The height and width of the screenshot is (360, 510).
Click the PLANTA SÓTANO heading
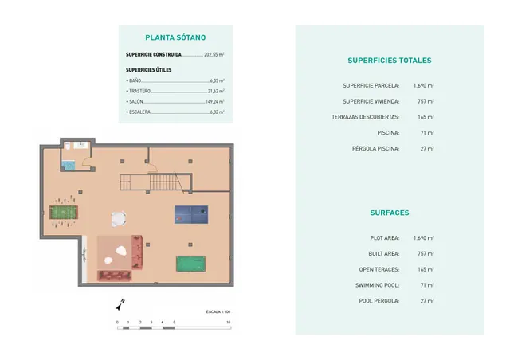[175, 37]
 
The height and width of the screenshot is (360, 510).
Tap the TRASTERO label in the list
[139, 92]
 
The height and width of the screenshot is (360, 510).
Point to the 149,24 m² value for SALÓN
[215, 102]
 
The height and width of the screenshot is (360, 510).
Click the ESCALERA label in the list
[139, 112]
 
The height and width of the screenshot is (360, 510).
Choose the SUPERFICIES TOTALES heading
[390, 61]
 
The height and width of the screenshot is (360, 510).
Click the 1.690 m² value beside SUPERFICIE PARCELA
[424, 85]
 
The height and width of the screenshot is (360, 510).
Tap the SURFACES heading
[390, 213]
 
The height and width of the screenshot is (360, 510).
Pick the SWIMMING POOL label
[377, 285]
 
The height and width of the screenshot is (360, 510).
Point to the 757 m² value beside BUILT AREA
[424, 253]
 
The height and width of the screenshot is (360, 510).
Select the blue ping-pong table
[190, 213]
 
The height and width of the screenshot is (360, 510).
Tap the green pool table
[190, 264]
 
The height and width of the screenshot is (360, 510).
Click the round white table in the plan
[119, 217]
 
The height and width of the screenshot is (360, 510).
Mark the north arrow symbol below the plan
[119, 303]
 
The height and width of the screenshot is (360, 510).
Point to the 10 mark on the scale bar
[229, 322]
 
